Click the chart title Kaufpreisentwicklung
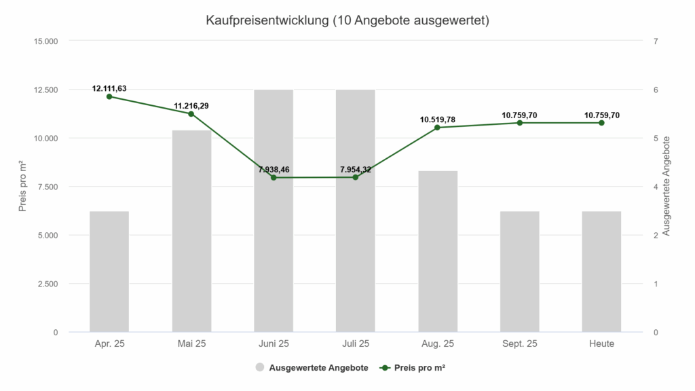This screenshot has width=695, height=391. click(347, 20)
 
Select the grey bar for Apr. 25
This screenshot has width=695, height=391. click(109, 272)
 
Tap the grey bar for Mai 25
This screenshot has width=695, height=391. click(191, 231)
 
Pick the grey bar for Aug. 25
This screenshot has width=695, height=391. click(438, 251)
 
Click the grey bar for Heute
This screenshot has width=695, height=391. click(601, 272)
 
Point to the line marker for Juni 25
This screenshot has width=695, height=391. click(274, 178)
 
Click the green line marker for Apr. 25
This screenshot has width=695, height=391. click(109, 96)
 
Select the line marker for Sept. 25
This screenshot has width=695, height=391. click(520, 123)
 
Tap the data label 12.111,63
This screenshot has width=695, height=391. click(109, 88)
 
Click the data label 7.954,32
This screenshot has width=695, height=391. click(356, 169)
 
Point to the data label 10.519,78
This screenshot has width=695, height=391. click(438, 119)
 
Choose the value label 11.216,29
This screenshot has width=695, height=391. click(191, 106)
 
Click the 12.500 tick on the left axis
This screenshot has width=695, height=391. click(45, 90)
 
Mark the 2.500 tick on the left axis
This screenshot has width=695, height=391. click(48, 284)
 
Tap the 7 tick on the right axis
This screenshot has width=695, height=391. click(656, 41)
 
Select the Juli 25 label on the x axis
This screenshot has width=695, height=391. click(356, 344)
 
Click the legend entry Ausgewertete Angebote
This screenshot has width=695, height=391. click(318, 368)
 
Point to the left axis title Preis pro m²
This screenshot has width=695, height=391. click(22, 187)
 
